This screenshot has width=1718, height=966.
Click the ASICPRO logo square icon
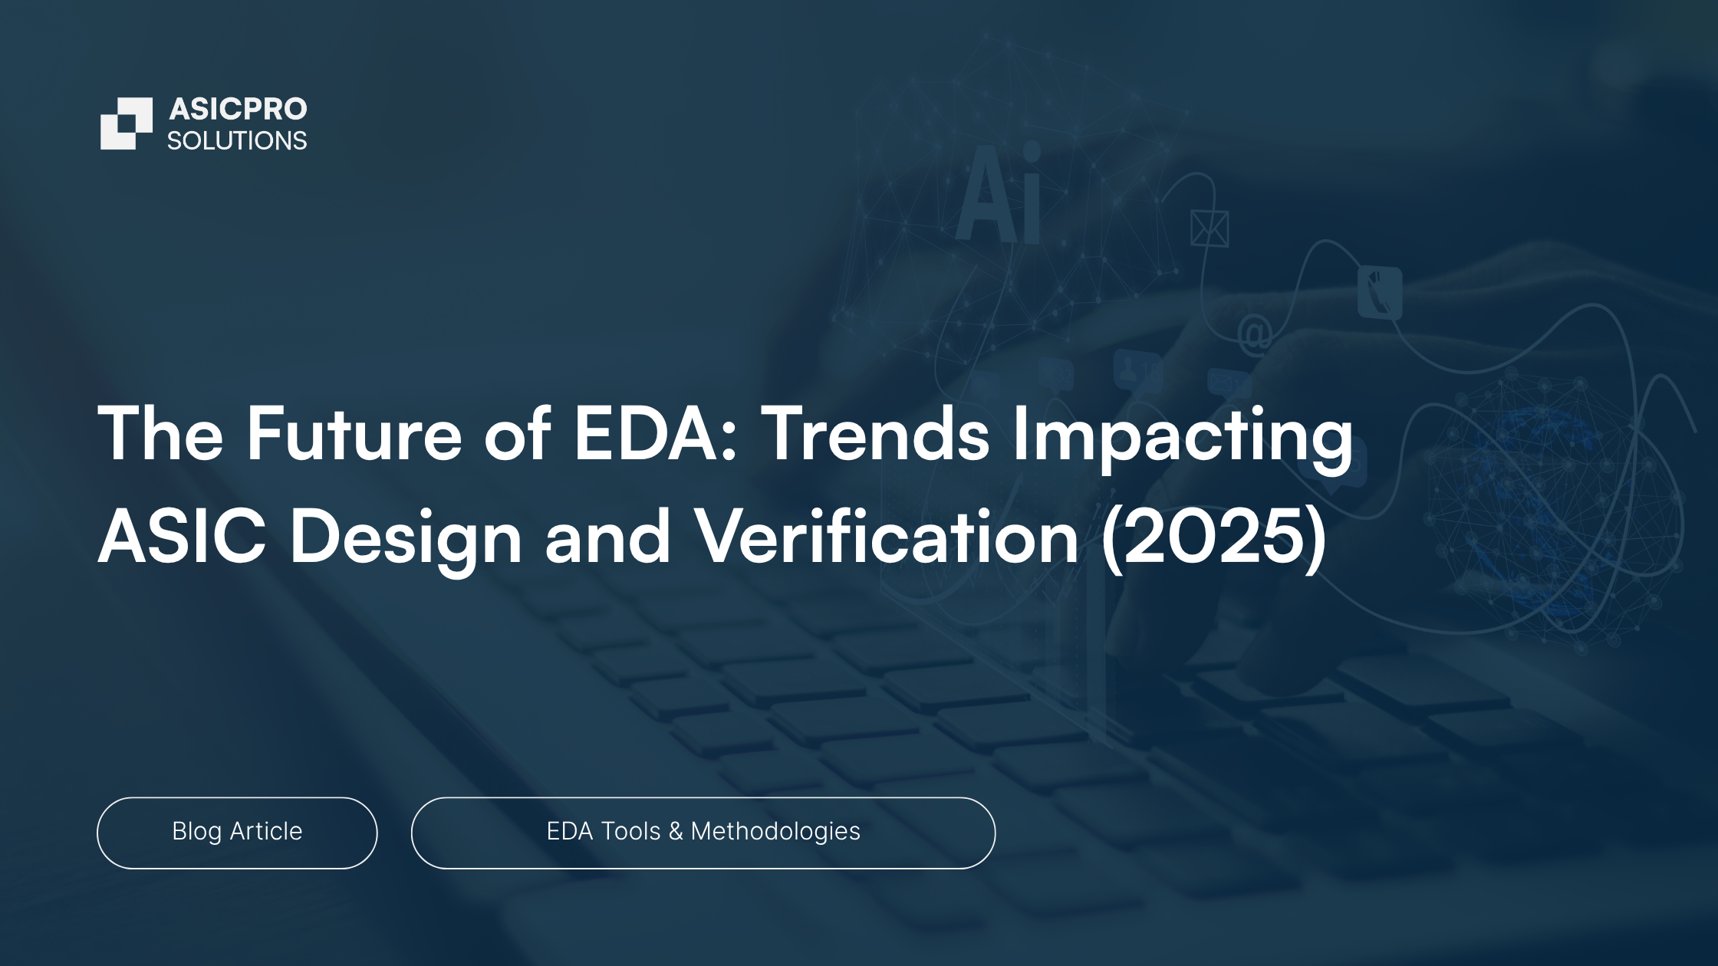[x=127, y=123]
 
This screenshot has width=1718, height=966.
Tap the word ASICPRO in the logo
[x=238, y=110]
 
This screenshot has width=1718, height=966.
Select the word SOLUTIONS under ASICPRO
[x=237, y=141]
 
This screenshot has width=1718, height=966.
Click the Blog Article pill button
[x=237, y=833]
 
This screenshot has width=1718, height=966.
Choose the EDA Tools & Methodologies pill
[x=703, y=833]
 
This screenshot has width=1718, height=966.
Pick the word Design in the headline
[x=406, y=541]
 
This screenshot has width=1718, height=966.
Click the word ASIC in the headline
[x=182, y=537]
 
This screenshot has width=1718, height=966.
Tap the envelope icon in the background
[x=1210, y=228]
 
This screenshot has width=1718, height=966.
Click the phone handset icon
[x=1380, y=291]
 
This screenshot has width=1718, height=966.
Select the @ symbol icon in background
[x=1255, y=335]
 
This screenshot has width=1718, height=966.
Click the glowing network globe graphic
[x=1553, y=510]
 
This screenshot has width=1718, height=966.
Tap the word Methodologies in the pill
[x=775, y=832]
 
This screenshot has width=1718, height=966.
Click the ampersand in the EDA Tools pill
[x=675, y=831]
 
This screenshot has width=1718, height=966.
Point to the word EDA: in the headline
[x=655, y=434]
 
